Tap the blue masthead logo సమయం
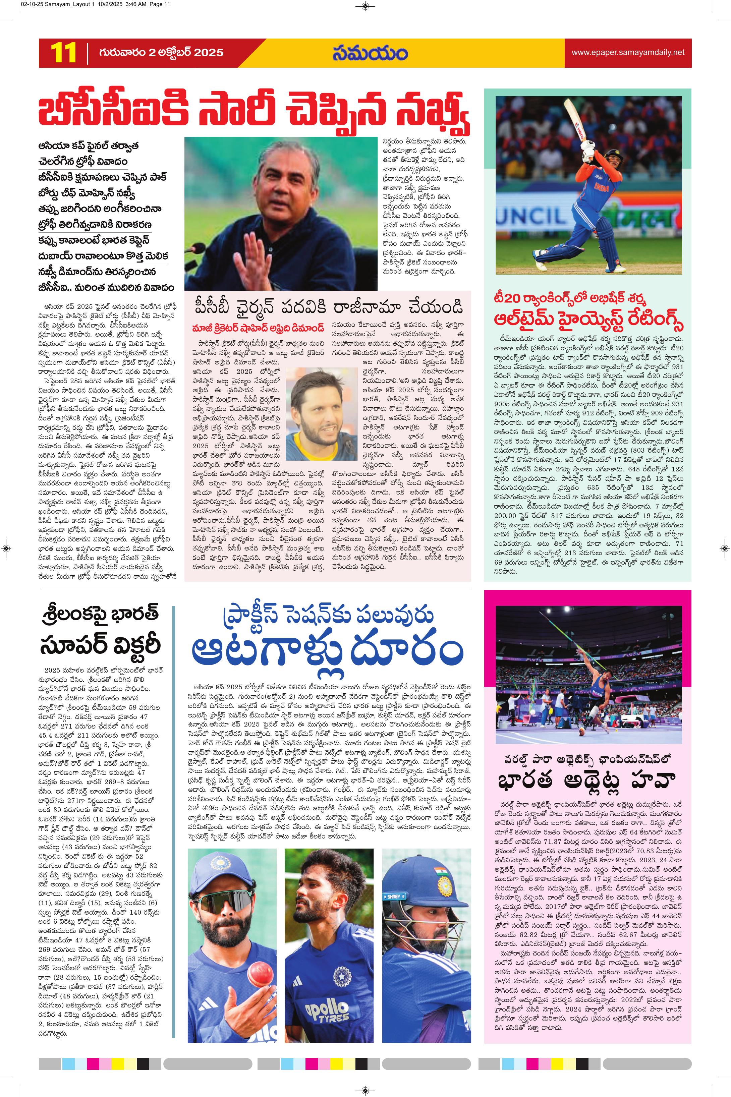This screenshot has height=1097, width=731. (x=370, y=53)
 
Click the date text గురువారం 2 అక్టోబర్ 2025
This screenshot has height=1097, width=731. (x=161, y=53)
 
